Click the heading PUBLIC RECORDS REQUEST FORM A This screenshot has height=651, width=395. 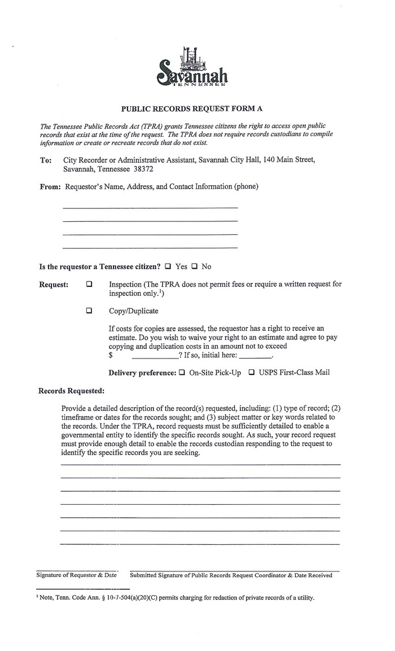pyautogui.click(x=192, y=108)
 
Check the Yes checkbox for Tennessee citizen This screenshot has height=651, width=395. pyautogui.click(x=168, y=266)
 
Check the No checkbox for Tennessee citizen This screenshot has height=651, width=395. pyautogui.click(x=194, y=266)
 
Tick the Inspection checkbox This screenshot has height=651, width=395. pyautogui.click(x=89, y=285)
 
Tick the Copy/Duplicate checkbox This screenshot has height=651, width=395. pyautogui.click(x=89, y=311)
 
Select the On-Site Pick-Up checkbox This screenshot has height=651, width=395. pyautogui.click(x=182, y=373)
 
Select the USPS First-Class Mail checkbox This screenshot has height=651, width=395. pyautogui.click(x=252, y=373)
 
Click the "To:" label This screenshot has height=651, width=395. pyautogui.click(x=46, y=160)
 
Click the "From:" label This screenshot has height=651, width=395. pyautogui.click(x=50, y=186)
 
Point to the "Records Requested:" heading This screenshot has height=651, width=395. pyautogui.click(x=71, y=390)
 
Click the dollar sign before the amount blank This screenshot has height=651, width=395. pyautogui.click(x=111, y=356)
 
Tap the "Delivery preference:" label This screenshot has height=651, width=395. pyautogui.click(x=142, y=373)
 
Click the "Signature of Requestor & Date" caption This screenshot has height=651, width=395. pyautogui.click(x=76, y=575)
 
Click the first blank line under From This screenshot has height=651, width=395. pyautogui.click(x=150, y=208)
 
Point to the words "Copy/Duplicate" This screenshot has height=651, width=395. pyautogui.click(x=134, y=311)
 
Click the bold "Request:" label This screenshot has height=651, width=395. pyautogui.click(x=54, y=285)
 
